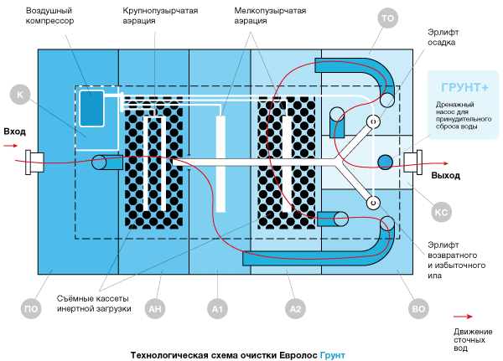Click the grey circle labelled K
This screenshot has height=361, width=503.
(19, 95)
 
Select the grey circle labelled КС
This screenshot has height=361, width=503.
(441, 213)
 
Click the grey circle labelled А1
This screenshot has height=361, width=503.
(216, 310)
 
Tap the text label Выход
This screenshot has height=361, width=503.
(445, 176)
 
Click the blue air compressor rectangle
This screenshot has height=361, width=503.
(91, 108)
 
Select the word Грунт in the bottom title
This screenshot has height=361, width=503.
(332, 355)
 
